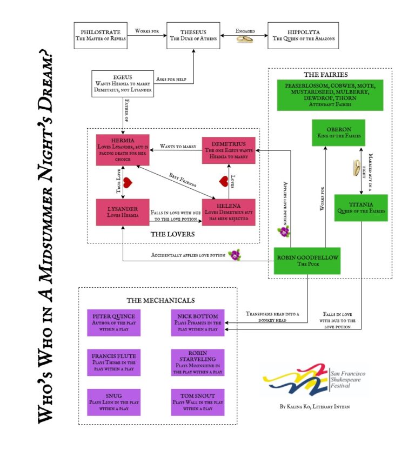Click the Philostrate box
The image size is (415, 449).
(x=101, y=35)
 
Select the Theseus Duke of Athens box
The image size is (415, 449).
(x=194, y=35)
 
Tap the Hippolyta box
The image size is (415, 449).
(x=303, y=35)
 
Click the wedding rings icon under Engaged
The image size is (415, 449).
(x=245, y=39)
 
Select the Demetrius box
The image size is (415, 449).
(x=229, y=150)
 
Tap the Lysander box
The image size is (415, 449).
(x=122, y=212)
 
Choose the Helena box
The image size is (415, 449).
(x=229, y=212)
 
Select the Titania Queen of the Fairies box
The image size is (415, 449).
(x=360, y=208)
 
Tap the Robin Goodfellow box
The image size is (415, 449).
(x=307, y=261)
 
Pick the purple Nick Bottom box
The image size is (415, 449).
(x=197, y=322)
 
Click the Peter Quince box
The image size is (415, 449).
(x=114, y=322)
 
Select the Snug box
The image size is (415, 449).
(x=114, y=402)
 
